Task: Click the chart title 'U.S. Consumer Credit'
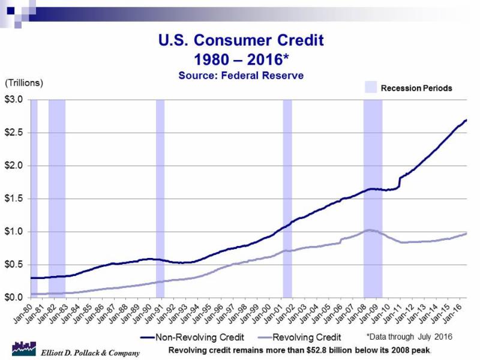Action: pyautogui.click(x=240, y=41)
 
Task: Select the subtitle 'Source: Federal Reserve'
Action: pyautogui.click(x=240, y=76)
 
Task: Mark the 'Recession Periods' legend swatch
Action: pyautogui.click(x=373, y=88)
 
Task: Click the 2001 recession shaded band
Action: pyautogui.click(x=287, y=198)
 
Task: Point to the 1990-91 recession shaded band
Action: pyautogui.click(x=160, y=198)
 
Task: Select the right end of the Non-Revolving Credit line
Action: pyautogui.click(x=466, y=120)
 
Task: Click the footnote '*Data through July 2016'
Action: pyautogui.click(x=409, y=336)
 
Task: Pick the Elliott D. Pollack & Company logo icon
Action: pyautogui.click(x=23, y=349)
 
